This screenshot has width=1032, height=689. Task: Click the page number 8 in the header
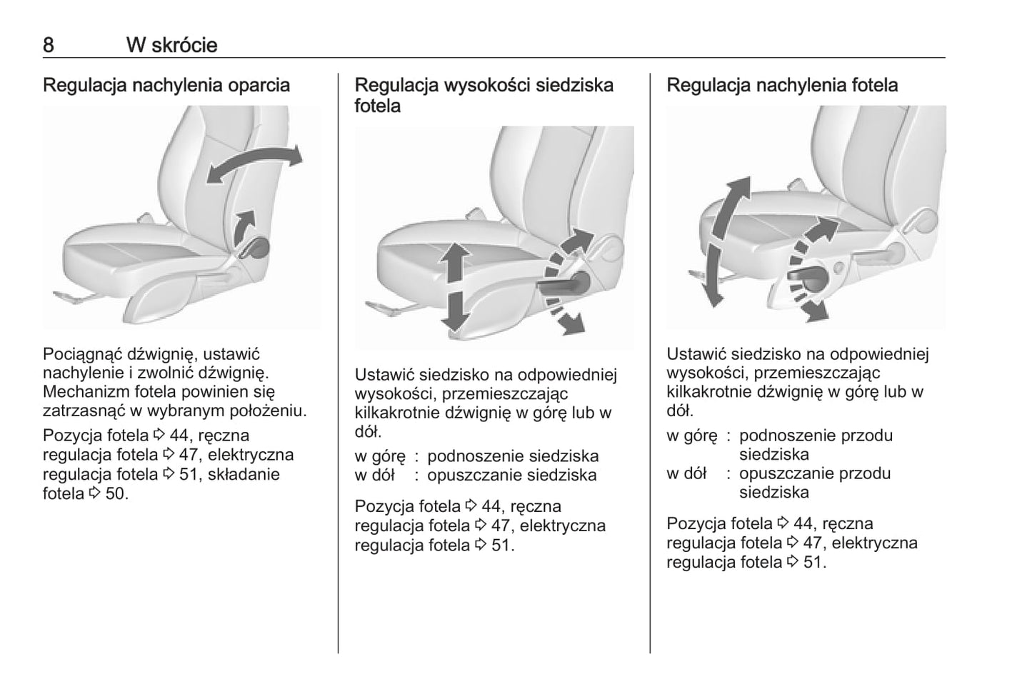click(49, 45)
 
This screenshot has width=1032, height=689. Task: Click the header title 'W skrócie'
click(171, 45)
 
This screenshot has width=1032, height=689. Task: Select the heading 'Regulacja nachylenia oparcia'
click(166, 85)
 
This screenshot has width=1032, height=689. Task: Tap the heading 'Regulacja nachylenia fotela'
click(782, 85)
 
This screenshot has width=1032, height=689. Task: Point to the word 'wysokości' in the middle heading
click(489, 85)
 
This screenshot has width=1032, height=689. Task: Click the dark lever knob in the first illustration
click(258, 248)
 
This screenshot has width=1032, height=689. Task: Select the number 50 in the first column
click(115, 493)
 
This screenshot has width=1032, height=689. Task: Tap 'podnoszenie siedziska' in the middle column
click(513, 456)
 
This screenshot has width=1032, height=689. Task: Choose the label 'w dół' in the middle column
click(374, 475)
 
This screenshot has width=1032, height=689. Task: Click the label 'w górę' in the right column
click(691, 436)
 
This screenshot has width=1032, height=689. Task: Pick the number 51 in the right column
click(813, 562)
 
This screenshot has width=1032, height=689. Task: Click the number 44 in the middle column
click(491, 506)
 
